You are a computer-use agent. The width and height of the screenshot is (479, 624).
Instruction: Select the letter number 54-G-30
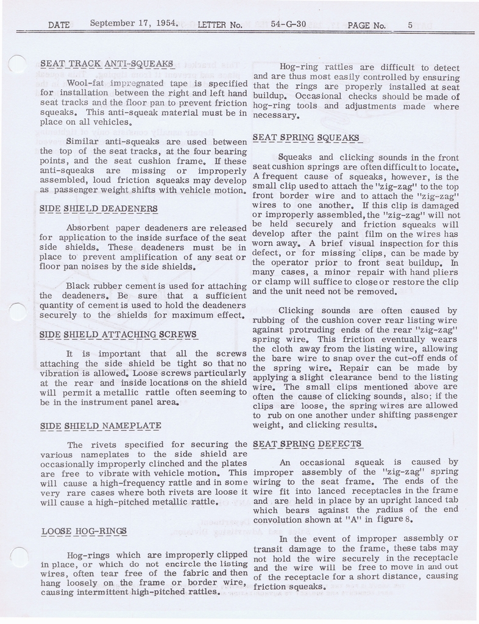tap(289, 25)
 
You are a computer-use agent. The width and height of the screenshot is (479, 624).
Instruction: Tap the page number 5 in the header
tap(410, 25)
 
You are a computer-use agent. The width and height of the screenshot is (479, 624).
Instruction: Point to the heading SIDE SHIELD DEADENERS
tap(99, 209)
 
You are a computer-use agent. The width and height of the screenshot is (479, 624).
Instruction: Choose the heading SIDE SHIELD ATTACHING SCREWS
tap(118, 335)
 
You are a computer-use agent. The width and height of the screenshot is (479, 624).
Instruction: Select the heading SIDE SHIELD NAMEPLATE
tap(101, 425)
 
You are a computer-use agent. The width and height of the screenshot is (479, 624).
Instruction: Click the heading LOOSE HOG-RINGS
tap(84, 531)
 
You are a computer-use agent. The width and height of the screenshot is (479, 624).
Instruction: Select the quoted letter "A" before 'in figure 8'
tap(352, 519)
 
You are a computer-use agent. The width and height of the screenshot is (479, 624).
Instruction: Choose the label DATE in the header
tap(59, 25)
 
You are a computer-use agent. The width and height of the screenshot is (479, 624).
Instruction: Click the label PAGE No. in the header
tap(366, 25)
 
